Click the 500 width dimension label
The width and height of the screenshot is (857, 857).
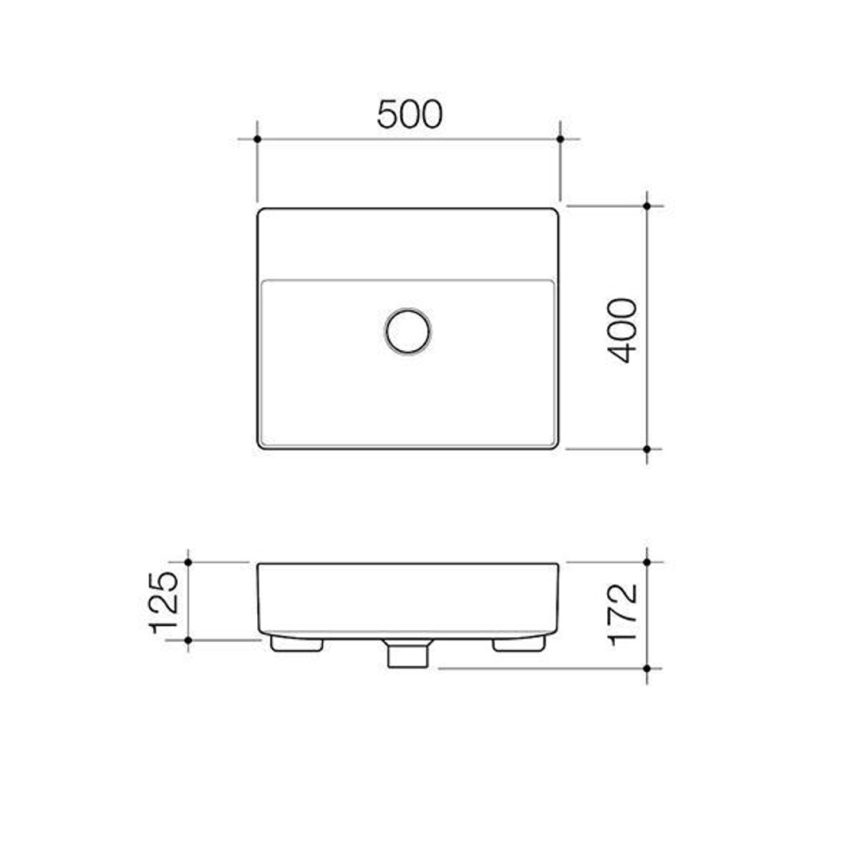tap(409, 114)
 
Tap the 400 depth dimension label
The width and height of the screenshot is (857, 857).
tap(624, 330)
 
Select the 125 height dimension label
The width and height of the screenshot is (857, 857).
tap(164, 601)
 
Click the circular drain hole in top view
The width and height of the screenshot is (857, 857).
tap(408, 331)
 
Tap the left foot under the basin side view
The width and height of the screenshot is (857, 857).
tap(296, 644)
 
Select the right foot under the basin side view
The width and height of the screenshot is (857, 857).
tap(519, 644)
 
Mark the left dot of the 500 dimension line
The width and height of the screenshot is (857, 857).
tap(257, 139)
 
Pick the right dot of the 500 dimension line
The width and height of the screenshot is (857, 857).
tap(560, 139)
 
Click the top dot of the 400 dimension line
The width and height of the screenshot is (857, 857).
tap(647, 206)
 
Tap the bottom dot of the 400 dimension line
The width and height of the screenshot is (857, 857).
tap(647, 449)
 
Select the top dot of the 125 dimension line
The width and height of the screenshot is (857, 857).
tap(188, 562)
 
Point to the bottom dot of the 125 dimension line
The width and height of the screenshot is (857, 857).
tap(188, 640)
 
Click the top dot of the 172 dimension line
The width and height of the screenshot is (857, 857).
tap(647, 562)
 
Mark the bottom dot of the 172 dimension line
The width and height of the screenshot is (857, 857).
tap(647, 668)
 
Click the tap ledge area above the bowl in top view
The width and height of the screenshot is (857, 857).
tap(408, 244)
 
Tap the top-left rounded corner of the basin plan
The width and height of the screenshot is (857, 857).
tap(261, 212)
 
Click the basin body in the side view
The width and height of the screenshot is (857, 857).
tap(408, 599)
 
